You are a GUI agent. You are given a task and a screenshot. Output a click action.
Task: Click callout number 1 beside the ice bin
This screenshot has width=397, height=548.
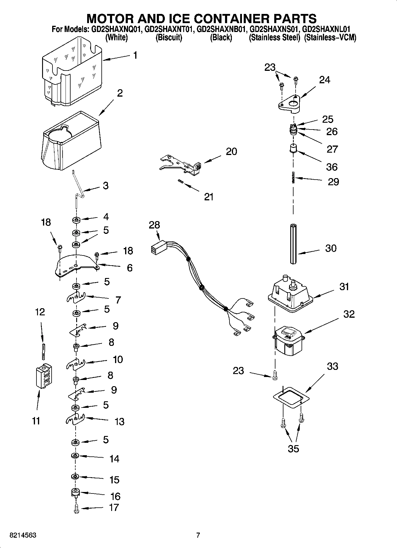point(135,55)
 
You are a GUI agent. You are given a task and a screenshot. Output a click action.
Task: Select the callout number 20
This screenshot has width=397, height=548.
point(231,151)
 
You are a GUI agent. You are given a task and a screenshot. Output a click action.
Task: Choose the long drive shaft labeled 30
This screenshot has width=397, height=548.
point(293,244)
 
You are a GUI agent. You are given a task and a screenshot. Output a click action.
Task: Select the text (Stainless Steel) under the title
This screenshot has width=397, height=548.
point(275,38)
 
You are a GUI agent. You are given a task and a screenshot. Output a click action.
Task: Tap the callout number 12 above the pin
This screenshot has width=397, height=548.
point(40,312)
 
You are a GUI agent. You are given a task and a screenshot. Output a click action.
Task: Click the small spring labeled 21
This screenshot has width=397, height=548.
point(180,182)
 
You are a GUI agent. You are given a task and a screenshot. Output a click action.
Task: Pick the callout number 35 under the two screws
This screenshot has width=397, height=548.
point(293,449)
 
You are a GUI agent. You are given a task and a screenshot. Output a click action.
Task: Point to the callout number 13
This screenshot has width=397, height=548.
point(119,421)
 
